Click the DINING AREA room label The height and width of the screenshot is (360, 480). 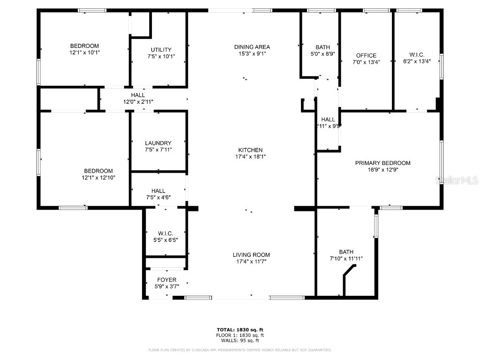click(252, 47)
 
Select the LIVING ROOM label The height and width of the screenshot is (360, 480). click(251, 255)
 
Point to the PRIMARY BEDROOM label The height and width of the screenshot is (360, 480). click(382, 163)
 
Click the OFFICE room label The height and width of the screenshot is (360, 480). click(366, 55)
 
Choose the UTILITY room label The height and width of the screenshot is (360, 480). click(161, 50)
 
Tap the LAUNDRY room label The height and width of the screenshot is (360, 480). click(158, 143)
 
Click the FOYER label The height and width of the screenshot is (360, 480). click(166, 280)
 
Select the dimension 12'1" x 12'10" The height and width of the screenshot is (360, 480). click(98, 178)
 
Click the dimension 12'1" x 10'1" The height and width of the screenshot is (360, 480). click(84, 52)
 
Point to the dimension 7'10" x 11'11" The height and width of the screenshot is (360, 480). click(346, 258)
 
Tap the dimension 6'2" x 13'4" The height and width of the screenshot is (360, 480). click(417, 61)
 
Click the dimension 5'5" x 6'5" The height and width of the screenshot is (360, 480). click(165, 240)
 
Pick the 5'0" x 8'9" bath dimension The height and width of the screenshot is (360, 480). click(322, 54)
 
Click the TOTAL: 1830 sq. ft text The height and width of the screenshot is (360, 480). click(240, 330)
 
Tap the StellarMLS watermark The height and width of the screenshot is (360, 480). click(457, 180)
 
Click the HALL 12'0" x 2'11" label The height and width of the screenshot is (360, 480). click(138, 98)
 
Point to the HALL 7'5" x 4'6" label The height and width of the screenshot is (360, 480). click(158, 194)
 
